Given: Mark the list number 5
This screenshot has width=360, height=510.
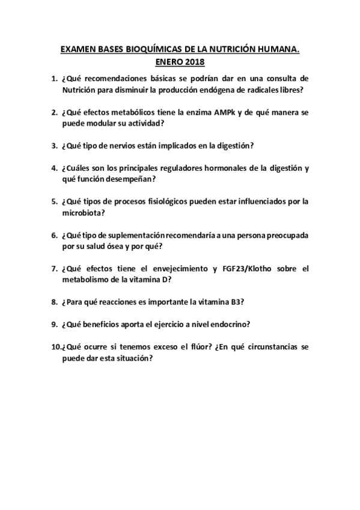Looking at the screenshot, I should click(55, 201).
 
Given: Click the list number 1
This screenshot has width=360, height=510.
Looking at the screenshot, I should click(55, 79).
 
